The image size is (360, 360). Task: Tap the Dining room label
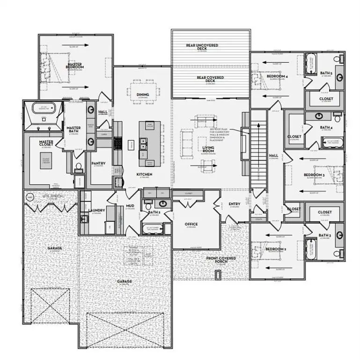(143, 95)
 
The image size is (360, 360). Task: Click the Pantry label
(98, 164)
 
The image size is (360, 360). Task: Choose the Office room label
(191, 224)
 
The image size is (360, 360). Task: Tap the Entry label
(235, 204)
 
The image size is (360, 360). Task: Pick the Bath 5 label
(326, 73)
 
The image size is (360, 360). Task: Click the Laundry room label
(96, 210)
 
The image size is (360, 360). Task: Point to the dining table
(143, 89)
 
